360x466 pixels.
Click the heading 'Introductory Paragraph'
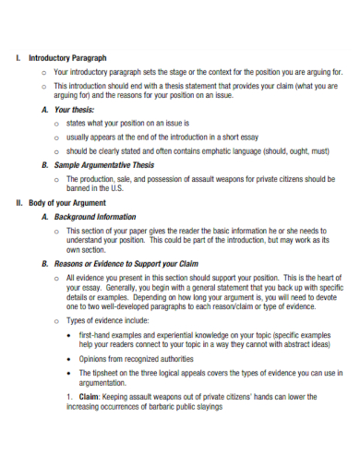[x=68, y=57]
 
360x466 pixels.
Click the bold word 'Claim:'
[x=89, y=396]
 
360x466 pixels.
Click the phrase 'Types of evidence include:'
[x=114, y=319]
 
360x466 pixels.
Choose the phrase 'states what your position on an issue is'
[x=128, y=123]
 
